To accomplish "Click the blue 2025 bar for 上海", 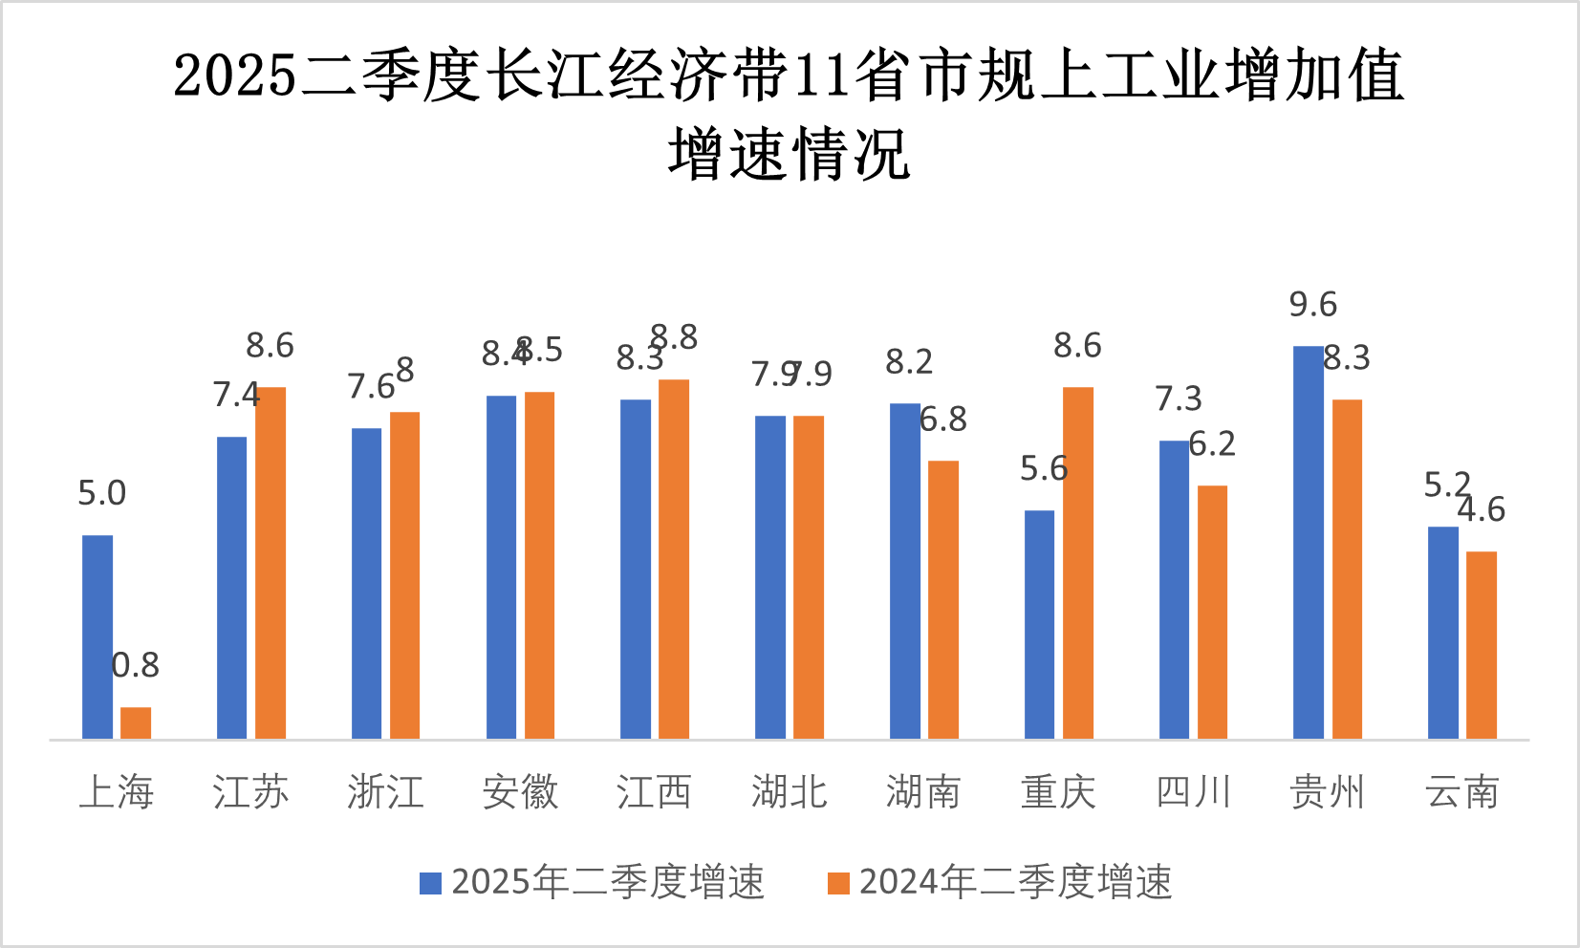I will click(97, 636).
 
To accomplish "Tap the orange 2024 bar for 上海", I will click(136, 722).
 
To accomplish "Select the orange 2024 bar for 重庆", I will click(1077, 563).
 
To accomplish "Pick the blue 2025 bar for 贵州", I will click(1309, 542).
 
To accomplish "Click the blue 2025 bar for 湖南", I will click(905, 571).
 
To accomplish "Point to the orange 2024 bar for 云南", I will click(1482, 645).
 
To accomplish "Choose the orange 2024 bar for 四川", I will click(1212, 612).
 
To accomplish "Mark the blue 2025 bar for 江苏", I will click(232, 588).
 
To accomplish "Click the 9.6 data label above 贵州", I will click(1312, 305).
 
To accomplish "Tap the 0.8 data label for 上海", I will click(136, 665).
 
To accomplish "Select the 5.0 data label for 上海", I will click(101, 493).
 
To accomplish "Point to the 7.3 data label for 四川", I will click(1178, 399).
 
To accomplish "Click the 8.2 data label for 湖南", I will click(909, 362).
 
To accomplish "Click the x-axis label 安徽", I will click(520, 792).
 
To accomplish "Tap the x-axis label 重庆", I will click(1058, 792).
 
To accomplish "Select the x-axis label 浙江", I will click(385, 792).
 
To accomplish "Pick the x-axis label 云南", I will click(1461, 792).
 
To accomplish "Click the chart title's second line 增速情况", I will click(790, 155).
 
